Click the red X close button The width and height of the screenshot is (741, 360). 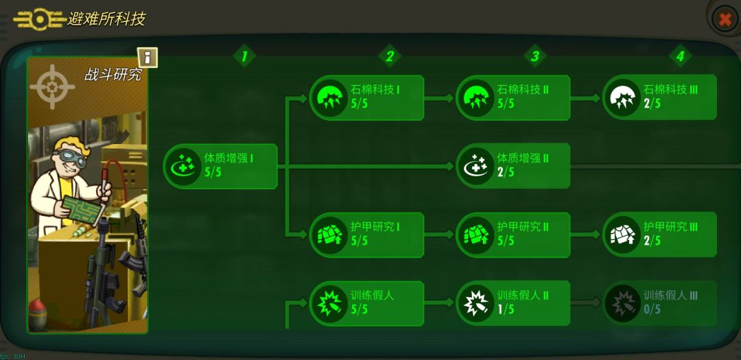click(x=725, y=19)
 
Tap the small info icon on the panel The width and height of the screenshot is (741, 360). click(x=148, y=58)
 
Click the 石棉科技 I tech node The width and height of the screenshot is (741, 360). click(x=366, y=97)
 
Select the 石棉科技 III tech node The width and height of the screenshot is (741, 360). click(x=659, y=97)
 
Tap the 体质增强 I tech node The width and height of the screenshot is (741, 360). click(x=220, y=167)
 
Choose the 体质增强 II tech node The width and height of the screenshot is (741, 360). click(x=513, y=167)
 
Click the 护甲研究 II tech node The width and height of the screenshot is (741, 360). click(x=513, y=235)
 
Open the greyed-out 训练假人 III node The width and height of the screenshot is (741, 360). click(x=659, y=303)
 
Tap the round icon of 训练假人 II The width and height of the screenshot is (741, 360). click(x=475, y=303)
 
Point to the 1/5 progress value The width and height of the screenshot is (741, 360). click(x=505, y=309)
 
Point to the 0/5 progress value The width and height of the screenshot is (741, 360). click(x=652, y=309)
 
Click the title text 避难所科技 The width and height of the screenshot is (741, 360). click(x=106, y=19)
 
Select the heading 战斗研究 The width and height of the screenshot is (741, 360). click(x=113, y=75)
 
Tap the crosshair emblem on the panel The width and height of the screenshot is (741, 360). click(x=52, y=87)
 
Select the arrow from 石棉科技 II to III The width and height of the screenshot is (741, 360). click(x=586, y=98)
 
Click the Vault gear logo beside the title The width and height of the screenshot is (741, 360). click(x=40, y=19)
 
